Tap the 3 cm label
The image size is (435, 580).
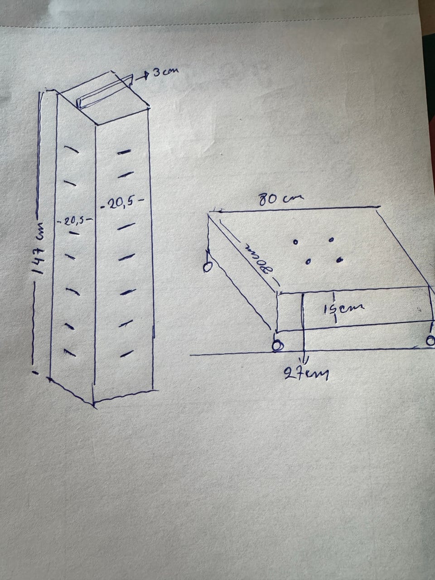[165, 71]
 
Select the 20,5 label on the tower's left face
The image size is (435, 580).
[75, 221]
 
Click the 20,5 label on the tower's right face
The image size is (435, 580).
[122, 204]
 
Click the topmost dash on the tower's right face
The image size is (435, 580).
[124, 152]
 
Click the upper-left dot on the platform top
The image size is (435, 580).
[295, 242]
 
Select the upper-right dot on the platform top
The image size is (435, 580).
[332, 240]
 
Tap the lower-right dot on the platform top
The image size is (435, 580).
[340, 260]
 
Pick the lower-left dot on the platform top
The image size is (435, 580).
[308, 262]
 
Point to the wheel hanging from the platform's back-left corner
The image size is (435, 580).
[208, 267]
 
